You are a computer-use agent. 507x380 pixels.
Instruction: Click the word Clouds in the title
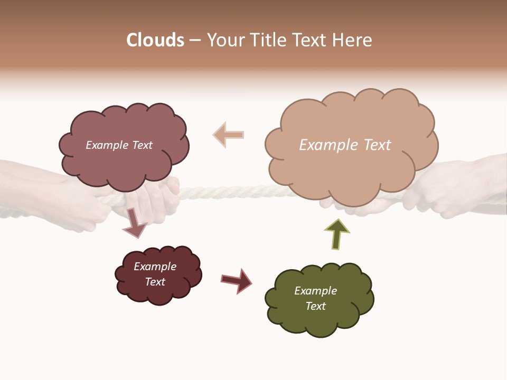[155, 40]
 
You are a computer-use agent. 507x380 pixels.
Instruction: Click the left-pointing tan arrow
[228, 135]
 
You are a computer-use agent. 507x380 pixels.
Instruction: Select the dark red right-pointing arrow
[237, 280]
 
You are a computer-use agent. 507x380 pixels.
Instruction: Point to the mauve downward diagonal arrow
[134, 223]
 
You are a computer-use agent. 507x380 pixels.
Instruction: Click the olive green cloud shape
[319, 298]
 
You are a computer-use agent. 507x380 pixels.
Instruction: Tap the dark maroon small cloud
[158, 274]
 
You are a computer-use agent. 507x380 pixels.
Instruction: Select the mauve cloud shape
[124, 145]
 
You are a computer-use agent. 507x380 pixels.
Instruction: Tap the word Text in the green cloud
[315, 306]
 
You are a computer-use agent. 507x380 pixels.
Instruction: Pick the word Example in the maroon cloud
[155, 267]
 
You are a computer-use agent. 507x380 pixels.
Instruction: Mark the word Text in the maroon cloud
[155, 282]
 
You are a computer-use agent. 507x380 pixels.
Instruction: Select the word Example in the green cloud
[315, 291]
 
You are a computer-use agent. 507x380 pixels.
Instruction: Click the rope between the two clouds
[222, 191]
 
